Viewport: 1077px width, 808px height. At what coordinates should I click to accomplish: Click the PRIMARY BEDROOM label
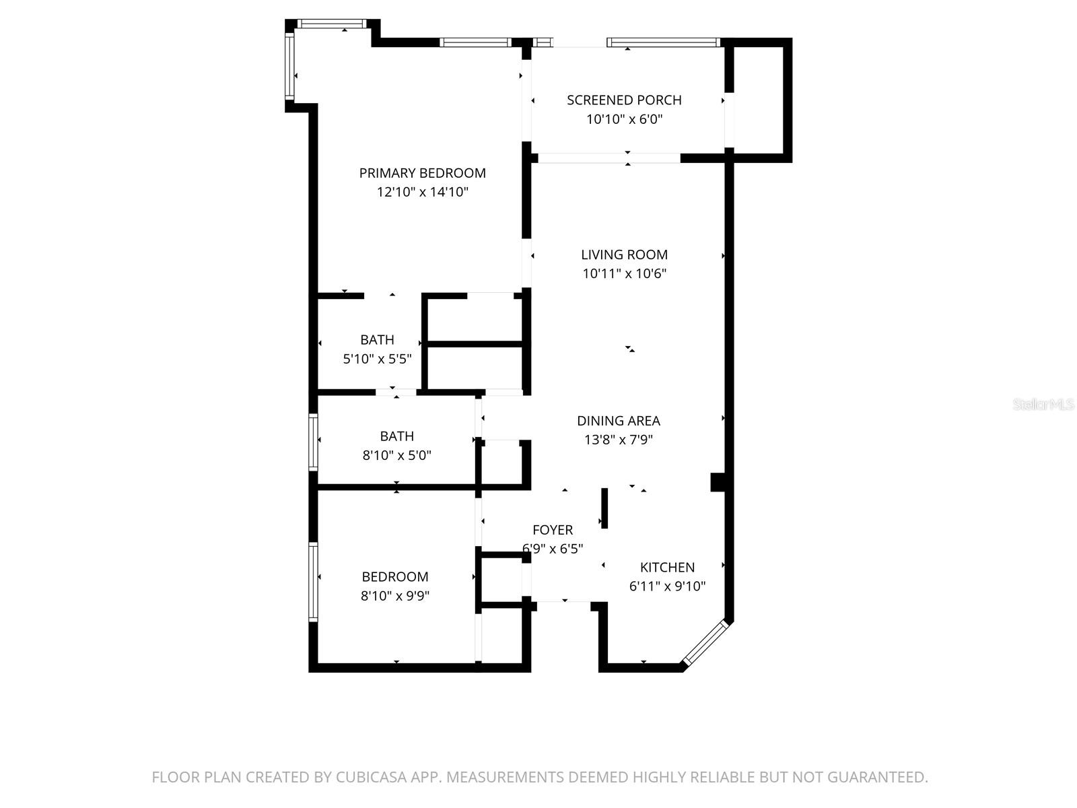click(422, 173)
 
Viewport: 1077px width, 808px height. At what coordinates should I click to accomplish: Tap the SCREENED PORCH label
click(624, 100)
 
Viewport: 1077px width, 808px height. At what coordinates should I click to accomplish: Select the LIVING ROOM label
click(624, 255)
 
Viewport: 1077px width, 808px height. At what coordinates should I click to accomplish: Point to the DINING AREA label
click(618, 421)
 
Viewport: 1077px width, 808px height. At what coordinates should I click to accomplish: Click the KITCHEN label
click(667, 567)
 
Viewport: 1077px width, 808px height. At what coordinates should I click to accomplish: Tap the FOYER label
click(553, 530)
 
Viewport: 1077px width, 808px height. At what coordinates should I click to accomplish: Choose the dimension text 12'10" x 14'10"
click(422, 192)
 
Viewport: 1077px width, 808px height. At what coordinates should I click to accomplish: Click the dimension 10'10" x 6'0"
click(624, 119)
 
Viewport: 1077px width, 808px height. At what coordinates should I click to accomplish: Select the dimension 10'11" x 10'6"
click(624, 273)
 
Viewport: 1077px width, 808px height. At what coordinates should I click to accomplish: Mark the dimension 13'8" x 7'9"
click(618, 440)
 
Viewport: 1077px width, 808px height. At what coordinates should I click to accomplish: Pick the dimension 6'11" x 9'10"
click(667, 586)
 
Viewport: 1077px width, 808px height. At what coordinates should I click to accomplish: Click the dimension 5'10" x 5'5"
click(377, 359)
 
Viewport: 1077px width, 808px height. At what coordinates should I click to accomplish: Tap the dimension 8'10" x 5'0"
click(396, 455)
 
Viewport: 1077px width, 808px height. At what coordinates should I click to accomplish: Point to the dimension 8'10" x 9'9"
click(395, 596)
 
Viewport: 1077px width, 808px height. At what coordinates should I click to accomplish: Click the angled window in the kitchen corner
click(705, 643)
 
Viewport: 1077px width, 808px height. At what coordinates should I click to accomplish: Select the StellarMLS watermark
click(1043, 405)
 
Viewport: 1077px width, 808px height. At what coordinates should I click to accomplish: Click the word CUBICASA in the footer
click(372, 777)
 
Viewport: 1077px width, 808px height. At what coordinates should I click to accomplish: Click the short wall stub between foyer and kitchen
click(604, 508)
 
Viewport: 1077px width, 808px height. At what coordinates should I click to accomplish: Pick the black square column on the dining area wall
click(718, 482)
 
